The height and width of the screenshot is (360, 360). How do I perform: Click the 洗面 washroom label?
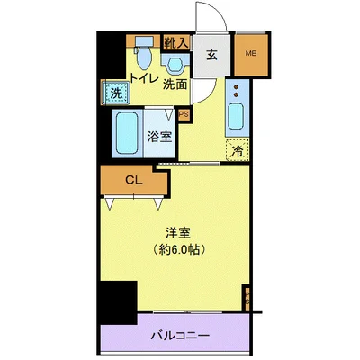click(175, 85)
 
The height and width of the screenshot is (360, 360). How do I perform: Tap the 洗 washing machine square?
click(117, 92)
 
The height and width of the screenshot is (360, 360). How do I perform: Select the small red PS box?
click(184, 113)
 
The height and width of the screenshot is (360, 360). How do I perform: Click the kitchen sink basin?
click(236, 116)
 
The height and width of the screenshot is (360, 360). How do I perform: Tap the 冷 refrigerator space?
click(236, 152)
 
